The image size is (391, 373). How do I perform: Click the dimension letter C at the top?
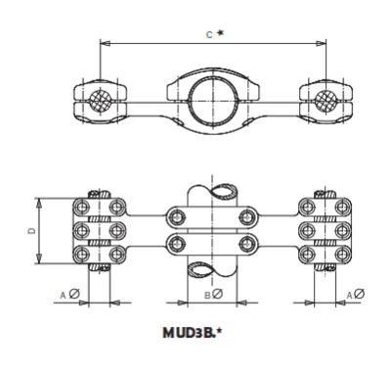[x=207, y=33]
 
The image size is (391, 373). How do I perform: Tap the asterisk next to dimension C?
[x=221, y=33]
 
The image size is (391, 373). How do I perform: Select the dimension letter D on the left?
[x=30, y=231]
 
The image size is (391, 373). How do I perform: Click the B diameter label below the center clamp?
[x=216, y=294]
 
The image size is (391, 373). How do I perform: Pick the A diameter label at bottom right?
[x=356, y=294]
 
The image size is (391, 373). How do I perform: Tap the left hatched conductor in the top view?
[x=99, y=101]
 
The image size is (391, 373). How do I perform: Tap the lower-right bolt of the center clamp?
[x=247, y=243]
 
